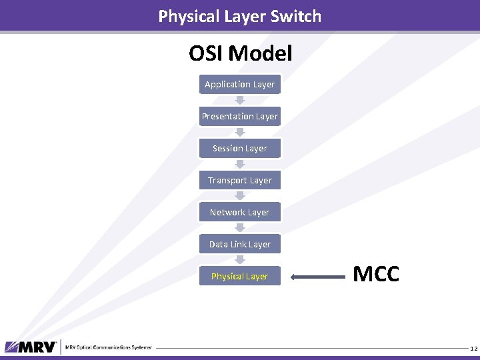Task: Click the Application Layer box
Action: click(x=239, y=84)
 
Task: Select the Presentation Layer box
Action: click(x=239, y=116)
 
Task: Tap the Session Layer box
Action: click(x=239, y=148)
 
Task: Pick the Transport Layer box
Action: click(x=239, y=180)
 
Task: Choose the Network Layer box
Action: click(x=239, y=212)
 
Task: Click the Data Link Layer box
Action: click(x=239, y=244)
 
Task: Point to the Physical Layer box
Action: click(x=239, y=276)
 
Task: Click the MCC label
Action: click(x=376, y=274)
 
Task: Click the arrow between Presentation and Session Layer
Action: click(x=240, y=132)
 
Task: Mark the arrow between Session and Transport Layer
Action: click(x=240, y=164)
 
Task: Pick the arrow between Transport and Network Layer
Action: click(x=240, y=196)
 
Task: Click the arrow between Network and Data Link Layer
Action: click(x=240, y=228)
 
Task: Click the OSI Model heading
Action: click(x=240, y=53)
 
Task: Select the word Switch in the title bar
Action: click(x=293, y=16)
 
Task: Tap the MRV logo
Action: click(x=31, y=347)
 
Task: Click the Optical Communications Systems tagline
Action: click(x=109, y=347)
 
